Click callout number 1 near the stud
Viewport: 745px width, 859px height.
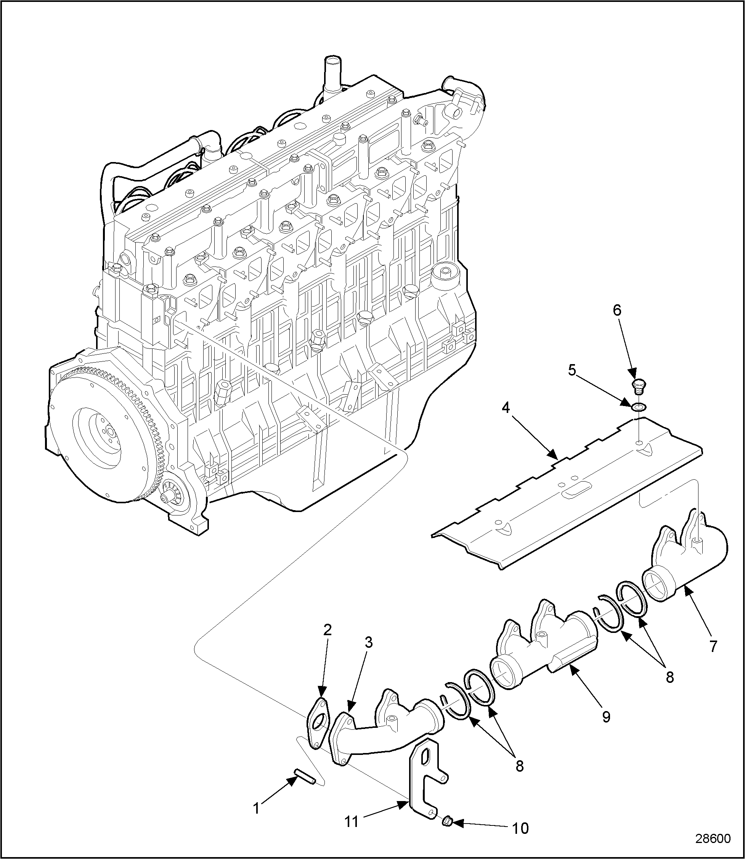coord(257,808)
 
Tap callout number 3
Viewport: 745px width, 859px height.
coord(369,654)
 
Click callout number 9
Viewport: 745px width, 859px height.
coord(607,716)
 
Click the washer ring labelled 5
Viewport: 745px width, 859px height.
coord(638,407)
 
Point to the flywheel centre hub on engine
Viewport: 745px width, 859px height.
coord(110,432)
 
